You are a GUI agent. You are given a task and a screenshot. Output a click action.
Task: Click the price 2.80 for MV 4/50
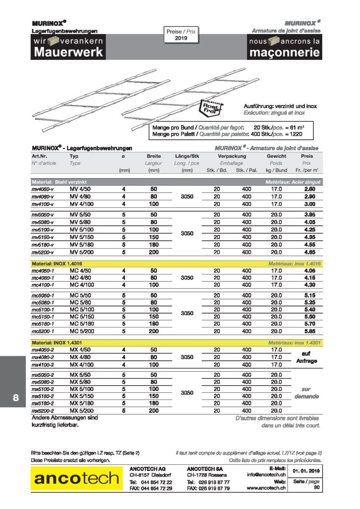coord(309,189)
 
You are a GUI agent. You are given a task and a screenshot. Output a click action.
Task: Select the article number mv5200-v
coord(42,252)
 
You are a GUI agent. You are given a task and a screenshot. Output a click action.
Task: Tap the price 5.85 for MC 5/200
coord(309,331)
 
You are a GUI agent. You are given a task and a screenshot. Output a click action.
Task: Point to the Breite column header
coord(154,156)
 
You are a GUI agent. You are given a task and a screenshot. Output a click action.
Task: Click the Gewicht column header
coord(276,156)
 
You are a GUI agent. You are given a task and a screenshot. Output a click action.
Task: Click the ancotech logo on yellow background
coord(76,478)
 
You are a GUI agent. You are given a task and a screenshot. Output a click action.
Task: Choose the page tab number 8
coord(15,398)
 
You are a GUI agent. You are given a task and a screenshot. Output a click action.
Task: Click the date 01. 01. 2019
coord(306,471)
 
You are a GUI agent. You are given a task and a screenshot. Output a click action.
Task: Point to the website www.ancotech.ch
coord(266,488)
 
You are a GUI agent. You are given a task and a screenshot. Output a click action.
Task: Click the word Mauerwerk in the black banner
coord(68,52)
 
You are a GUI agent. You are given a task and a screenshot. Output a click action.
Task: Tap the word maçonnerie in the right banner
coord(284,53)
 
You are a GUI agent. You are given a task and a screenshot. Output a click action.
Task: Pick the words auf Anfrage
coord(306,357)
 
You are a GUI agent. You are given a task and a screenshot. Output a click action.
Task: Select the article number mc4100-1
coord(42,285)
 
